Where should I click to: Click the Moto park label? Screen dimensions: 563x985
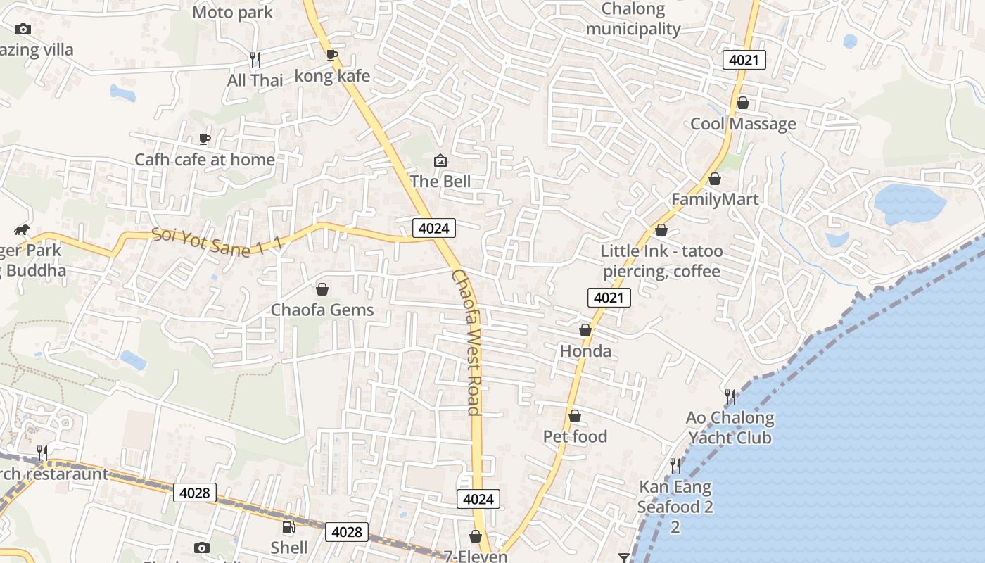tap(232, 12)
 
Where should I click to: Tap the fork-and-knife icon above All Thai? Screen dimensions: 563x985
tap(255, 59)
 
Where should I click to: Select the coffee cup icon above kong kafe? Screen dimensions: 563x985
tap(332, 55)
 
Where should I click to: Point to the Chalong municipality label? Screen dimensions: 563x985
tap(633, 19)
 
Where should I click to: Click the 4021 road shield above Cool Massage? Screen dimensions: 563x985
tap(744, 60)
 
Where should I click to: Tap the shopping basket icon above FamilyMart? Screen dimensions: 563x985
tap(715, 179)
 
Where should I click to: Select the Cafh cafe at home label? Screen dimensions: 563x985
tap(205, 160)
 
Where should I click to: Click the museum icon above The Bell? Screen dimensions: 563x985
tap(440, 161)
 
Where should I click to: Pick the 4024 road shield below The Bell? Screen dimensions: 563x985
tap(434, 228)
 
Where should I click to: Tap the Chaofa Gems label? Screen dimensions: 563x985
tap(322, 310)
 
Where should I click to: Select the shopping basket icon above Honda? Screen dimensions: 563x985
tap(585, 330)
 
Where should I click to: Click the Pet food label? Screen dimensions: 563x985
tap(575, 436)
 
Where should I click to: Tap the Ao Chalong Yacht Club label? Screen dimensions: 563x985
tap(730, 427)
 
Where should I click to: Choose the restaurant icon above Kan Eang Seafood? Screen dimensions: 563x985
tap(675, 465)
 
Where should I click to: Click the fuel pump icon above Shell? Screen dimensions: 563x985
tap(288, 526)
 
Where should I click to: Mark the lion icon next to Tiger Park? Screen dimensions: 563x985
tap(22, 230)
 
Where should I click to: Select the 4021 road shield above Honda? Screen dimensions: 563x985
tap(609, 298)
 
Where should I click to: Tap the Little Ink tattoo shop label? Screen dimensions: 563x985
tap(661, 261)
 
